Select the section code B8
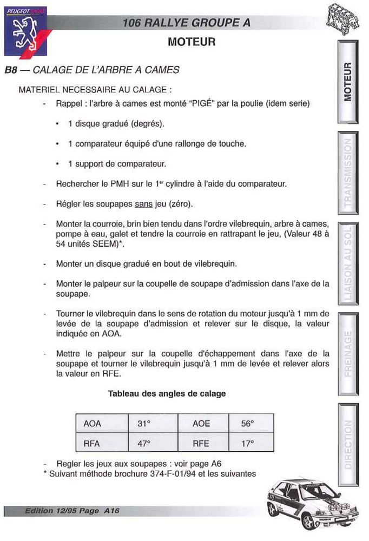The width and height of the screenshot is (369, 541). click(11, 70)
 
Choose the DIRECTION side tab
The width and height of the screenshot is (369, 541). click(348, 444)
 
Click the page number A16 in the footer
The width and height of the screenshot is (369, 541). click(112, 510)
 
